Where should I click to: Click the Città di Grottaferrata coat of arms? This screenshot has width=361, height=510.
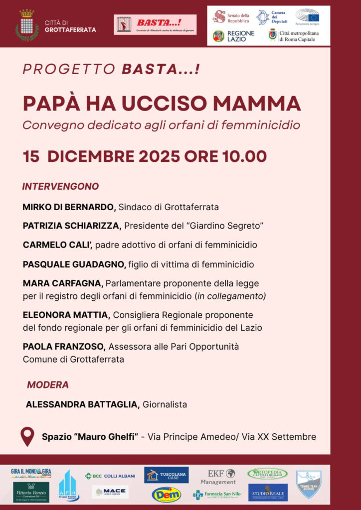pyautogui.click(x=26, y=25)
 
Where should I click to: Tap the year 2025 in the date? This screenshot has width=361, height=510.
pyautogui.click(x=160, y=156)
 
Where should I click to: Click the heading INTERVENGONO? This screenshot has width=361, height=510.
pyautogui.click(x=60, y=187)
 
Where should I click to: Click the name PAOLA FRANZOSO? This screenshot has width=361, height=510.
pyautogui.click(x=63, y=346)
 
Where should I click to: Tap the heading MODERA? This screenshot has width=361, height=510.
pyautogui.click(x=48, y=384)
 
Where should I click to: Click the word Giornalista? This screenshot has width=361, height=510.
pyautogui.click(x=165, y=404)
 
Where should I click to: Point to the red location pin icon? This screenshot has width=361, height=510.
pyautogui.click(x=27, y=436)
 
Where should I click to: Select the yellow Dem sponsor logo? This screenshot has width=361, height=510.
pyautogui.click(x=167, y=494)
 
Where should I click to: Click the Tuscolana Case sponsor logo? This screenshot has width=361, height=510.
pyautogui.click(x=167, y=475)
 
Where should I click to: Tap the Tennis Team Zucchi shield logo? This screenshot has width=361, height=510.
pyautogui.click(x=309, y=484)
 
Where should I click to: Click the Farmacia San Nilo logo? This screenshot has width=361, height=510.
pyautogui.click(x=217, y=495)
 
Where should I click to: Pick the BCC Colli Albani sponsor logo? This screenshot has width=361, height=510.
pyautogui.click(x=110, y=476)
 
